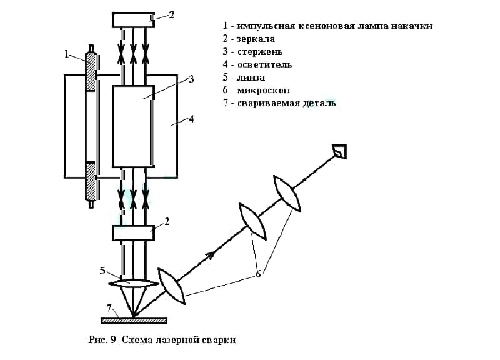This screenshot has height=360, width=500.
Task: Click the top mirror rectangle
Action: [132, 19]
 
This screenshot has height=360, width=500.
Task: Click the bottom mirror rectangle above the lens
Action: [132, 233]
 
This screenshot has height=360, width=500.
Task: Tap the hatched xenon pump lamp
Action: [91, 125]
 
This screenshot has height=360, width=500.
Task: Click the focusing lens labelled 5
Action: [132, 282]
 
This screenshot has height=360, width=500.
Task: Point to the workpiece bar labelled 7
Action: [134, 321]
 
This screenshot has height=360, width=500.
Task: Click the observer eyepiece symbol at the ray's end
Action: [341, 151]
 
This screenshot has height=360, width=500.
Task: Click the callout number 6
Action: [258, 274]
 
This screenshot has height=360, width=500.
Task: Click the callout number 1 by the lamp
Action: [66, 54]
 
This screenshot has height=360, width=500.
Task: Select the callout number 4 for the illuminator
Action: [191, 118]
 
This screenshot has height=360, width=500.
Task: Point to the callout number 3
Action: [191, 79]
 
